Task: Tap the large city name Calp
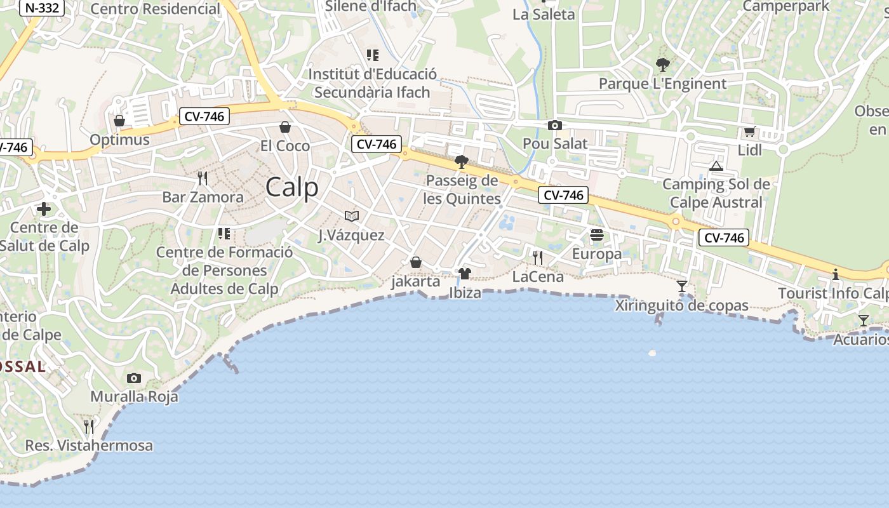[x=292, y=187]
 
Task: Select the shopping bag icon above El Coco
[x=285, y=128]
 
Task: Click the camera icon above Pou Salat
[x=555, y=125]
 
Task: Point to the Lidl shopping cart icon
[x=749, y=132]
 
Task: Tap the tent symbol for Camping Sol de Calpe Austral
[x=716, y=166]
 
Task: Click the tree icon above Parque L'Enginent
[x=662, y=65]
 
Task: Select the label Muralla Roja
[x=134, y=397]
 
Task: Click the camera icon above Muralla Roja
[x=133, y=378]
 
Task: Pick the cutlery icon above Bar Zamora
[x=203, y=178]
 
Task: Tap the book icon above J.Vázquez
[x=351, y=216]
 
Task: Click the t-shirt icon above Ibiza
[x=465, y=274]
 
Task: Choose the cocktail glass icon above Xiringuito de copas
[x=682, y=286]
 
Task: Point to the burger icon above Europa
[x=597, y=235]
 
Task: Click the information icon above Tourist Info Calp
[x=836, y=274]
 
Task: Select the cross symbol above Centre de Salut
[x=44, y=208]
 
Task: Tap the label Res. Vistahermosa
[x=89, y=446]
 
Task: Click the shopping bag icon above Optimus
[x=119, y=121]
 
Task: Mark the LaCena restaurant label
[x=538, y=277]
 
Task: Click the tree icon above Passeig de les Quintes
[x=462, y=161]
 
